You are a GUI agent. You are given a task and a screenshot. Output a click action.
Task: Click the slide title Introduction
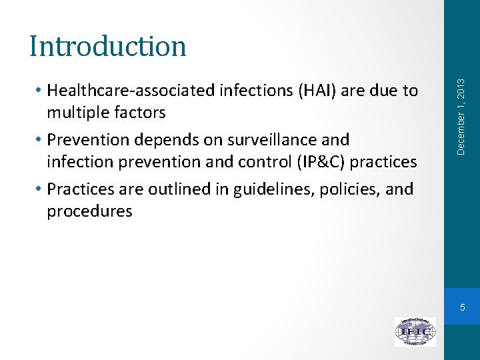coord(107,46)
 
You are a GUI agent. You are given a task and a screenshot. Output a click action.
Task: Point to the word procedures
coord(89,212)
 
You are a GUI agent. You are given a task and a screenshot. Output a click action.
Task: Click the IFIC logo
coord(415,331)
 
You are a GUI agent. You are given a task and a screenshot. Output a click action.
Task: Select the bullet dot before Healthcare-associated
coord(40,91)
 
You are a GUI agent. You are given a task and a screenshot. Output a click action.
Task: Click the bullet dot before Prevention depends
coord(40,141)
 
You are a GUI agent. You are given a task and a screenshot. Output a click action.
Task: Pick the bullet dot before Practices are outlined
coord(40,190)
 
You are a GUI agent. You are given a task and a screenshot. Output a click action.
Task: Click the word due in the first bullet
coord(389,90)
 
